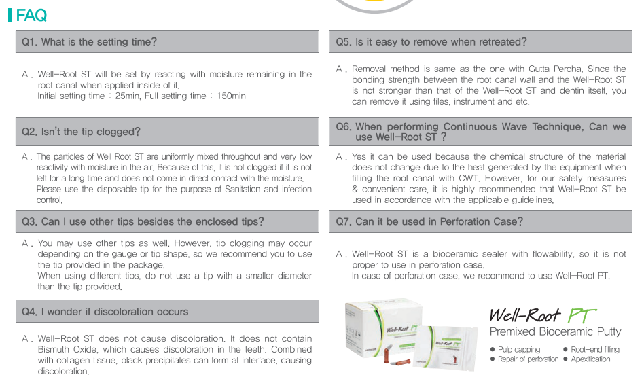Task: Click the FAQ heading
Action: point(31,16)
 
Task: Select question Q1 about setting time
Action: point(89,42)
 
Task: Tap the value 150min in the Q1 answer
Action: point(231,96)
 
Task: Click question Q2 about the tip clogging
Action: point(81,132)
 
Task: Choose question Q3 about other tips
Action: point(143,221)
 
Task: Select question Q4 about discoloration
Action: point(105,312)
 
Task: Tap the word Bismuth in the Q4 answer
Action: point(54,349)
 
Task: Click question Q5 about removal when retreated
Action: point(431,42)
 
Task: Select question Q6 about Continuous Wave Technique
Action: point(481,132)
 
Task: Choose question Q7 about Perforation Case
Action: point(429,221)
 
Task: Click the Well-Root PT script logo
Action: point(543,315)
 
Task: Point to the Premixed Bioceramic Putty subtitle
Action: point(555,331)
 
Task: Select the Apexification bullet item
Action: point(587,359)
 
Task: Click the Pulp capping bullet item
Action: point(516,350)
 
